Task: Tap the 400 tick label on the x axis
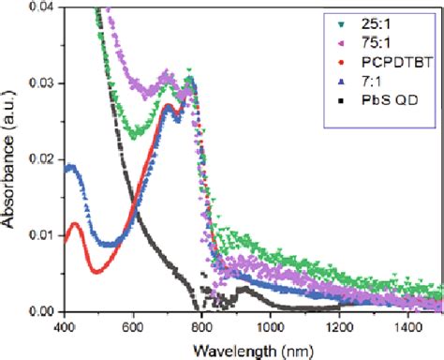64,327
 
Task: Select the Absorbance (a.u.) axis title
10,159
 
